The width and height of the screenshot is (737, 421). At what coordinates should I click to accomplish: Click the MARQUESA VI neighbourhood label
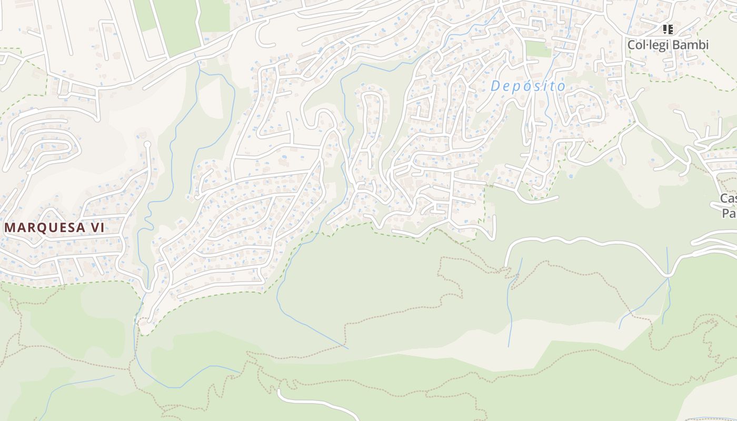tap(55, 228)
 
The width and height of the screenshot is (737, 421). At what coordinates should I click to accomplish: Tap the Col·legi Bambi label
tap(668, 45)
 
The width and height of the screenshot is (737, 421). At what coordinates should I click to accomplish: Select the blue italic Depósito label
tap(527, 86)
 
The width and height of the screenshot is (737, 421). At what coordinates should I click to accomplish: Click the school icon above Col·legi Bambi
tap(668, 29)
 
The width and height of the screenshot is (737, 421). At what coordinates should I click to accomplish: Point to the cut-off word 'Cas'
tap(729, 198)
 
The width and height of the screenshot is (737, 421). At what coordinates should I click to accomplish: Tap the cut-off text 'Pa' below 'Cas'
tap(729, 213)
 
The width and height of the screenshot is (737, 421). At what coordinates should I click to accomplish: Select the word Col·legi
tap(648, 45)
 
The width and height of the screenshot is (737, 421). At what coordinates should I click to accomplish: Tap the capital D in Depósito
tap(495, 86)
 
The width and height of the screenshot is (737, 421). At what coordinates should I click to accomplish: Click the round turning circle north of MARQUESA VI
tap(147, 144)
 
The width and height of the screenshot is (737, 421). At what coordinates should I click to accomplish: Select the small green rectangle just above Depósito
tap(538, 49)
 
